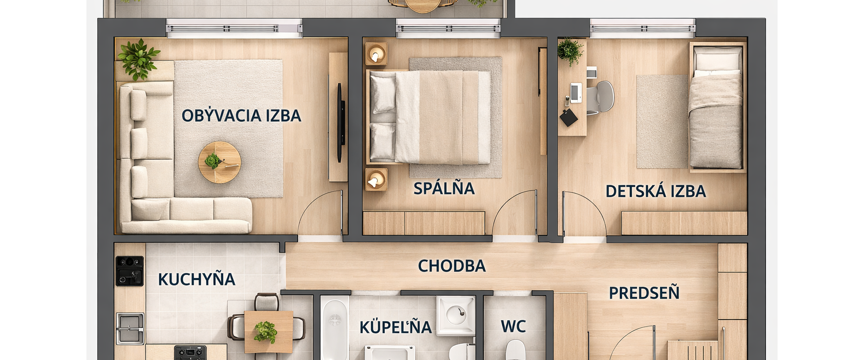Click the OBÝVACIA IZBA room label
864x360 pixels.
241,115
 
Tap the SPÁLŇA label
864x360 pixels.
444,188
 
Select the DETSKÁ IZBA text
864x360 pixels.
656,191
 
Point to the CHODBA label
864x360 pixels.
452,266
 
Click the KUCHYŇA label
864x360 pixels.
197,279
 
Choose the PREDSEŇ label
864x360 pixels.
644,293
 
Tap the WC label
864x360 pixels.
513,326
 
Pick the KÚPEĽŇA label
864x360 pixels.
396,327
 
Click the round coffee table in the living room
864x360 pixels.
220,162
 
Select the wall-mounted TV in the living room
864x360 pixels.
341,122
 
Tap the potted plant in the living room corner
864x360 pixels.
138,58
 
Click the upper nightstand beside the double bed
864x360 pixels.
376,54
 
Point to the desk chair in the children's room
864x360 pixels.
601,97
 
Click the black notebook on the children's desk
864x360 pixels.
569,117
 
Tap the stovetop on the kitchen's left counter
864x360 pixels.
130,271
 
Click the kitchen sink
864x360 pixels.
130,328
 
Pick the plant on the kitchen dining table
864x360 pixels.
265,332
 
